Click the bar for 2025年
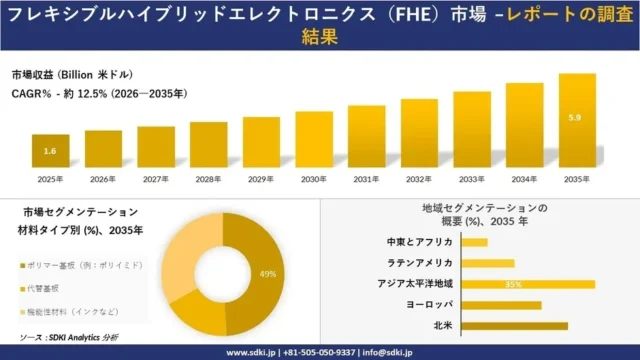point(50,151)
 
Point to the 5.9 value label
point(574,118)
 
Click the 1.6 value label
point(50,151)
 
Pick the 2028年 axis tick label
point(208,179)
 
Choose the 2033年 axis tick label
point(471,179)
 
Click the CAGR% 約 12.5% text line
point(98,93)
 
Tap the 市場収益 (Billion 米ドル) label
point(72,75)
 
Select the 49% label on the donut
point(267,274)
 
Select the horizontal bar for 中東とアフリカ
point(475,242)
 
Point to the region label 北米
point(442,326)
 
